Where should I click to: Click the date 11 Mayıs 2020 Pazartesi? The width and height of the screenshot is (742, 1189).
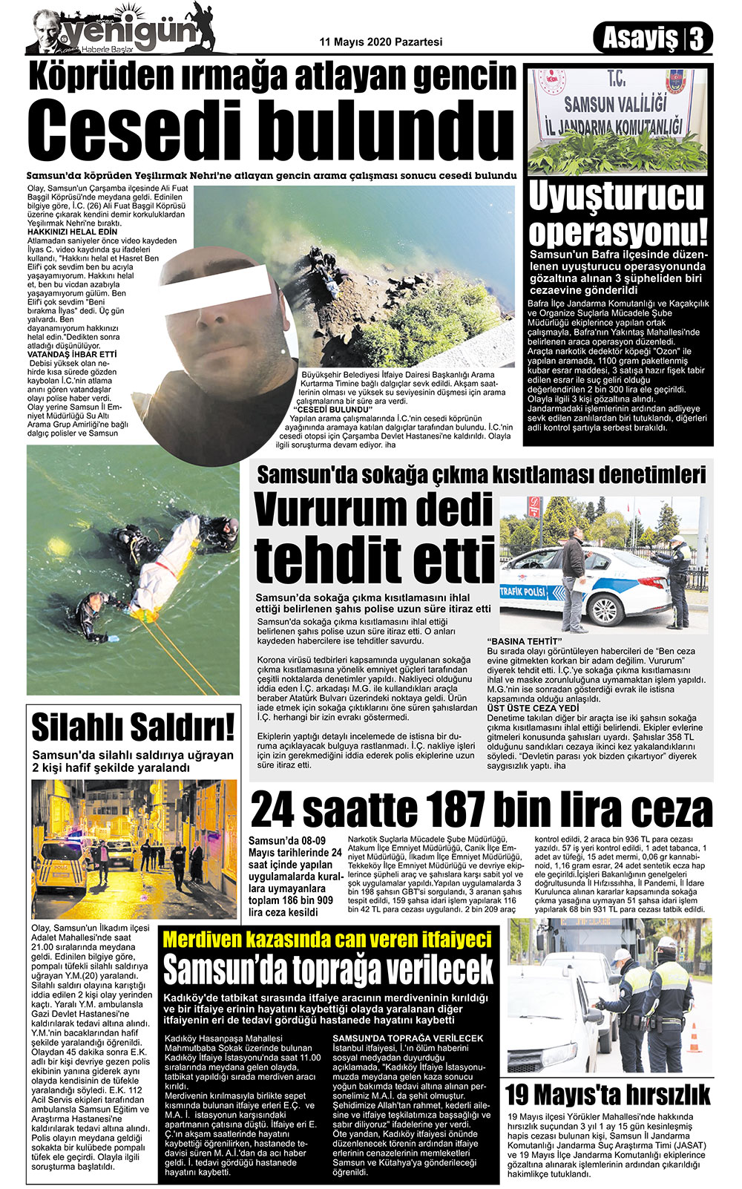[x=381, y=42]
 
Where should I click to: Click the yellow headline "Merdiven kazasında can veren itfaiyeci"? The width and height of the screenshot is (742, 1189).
[x=326, y=939]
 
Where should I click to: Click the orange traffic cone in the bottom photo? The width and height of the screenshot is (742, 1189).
[x=695, y=1036]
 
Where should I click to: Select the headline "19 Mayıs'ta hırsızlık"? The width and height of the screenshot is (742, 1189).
[x=607, y=1094]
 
